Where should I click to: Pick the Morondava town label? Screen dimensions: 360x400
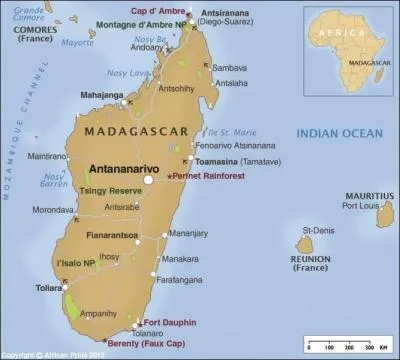pyautogui.click(x=53, y=210)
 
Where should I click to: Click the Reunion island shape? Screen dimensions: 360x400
pyautogui.click(x=306, y=243)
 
